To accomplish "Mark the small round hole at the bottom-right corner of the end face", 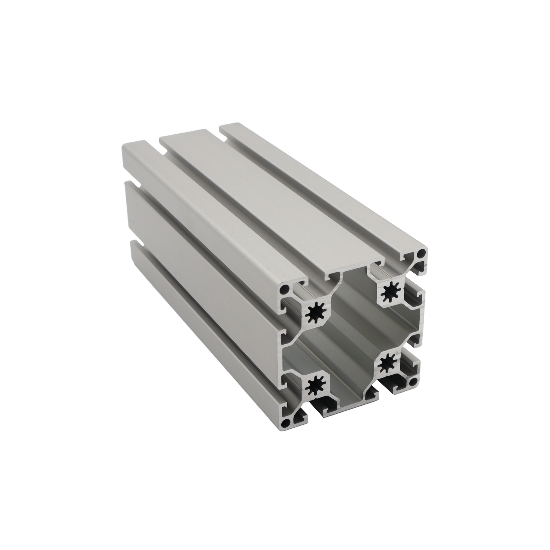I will tap(413, 382).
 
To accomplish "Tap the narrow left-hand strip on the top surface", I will tap(201, 218).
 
